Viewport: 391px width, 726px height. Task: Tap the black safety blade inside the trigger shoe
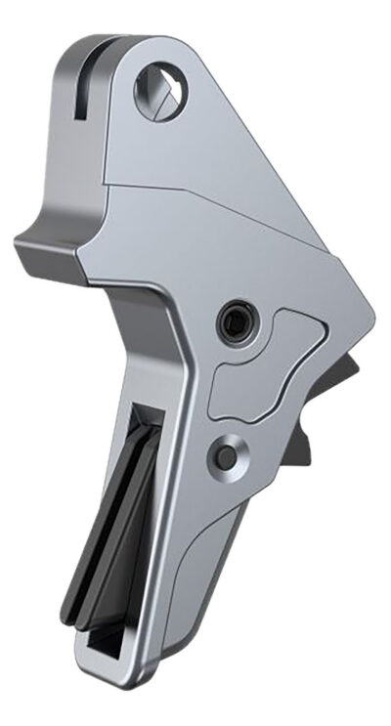(x=108, y=547)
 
